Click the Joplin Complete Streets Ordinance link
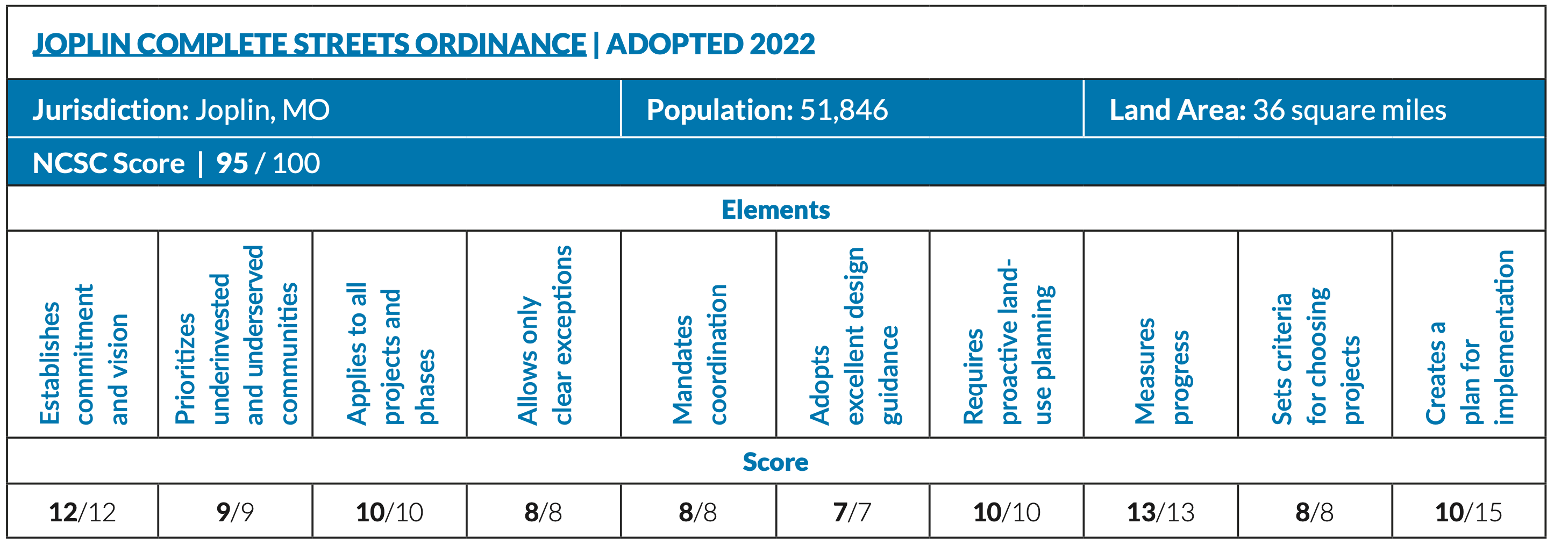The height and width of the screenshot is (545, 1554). tap(309, 44)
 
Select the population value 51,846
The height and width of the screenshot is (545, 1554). tap(843, 110)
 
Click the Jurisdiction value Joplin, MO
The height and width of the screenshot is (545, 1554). tap(262, 110)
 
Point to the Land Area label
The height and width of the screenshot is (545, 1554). tap(1177, 110)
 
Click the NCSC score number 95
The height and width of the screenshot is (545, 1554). tap(232, 163)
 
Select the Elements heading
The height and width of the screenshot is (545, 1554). tap(775, 210)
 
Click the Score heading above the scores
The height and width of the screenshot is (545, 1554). tap(775, 462)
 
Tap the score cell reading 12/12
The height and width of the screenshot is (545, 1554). tap(82, 512)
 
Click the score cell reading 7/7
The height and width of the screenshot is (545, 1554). tap(852, 512)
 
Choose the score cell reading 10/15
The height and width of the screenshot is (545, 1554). tap(1468, 512)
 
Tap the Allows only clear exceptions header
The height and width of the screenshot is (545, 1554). tap(544, 335)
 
